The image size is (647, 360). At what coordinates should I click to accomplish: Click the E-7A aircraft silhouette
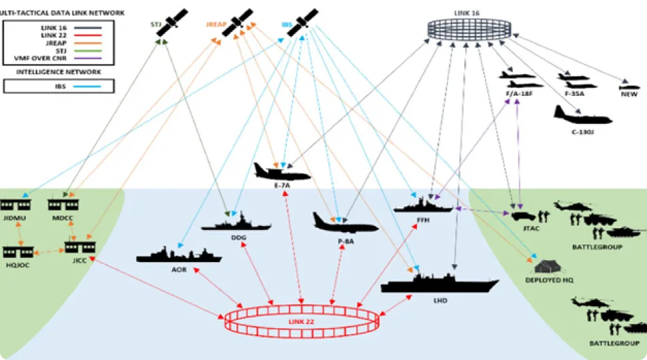coord(281,172)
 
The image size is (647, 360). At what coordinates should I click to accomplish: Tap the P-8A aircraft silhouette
coord(344,223)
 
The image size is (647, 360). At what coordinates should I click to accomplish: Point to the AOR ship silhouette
coord(178,255)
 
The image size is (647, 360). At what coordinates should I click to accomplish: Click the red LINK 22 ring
coord(300,321)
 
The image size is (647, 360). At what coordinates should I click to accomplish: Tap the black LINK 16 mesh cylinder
coord(470,29)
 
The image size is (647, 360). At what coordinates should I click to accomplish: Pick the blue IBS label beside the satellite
coord(287,25)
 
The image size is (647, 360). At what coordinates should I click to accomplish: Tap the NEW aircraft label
coord(629,95)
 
